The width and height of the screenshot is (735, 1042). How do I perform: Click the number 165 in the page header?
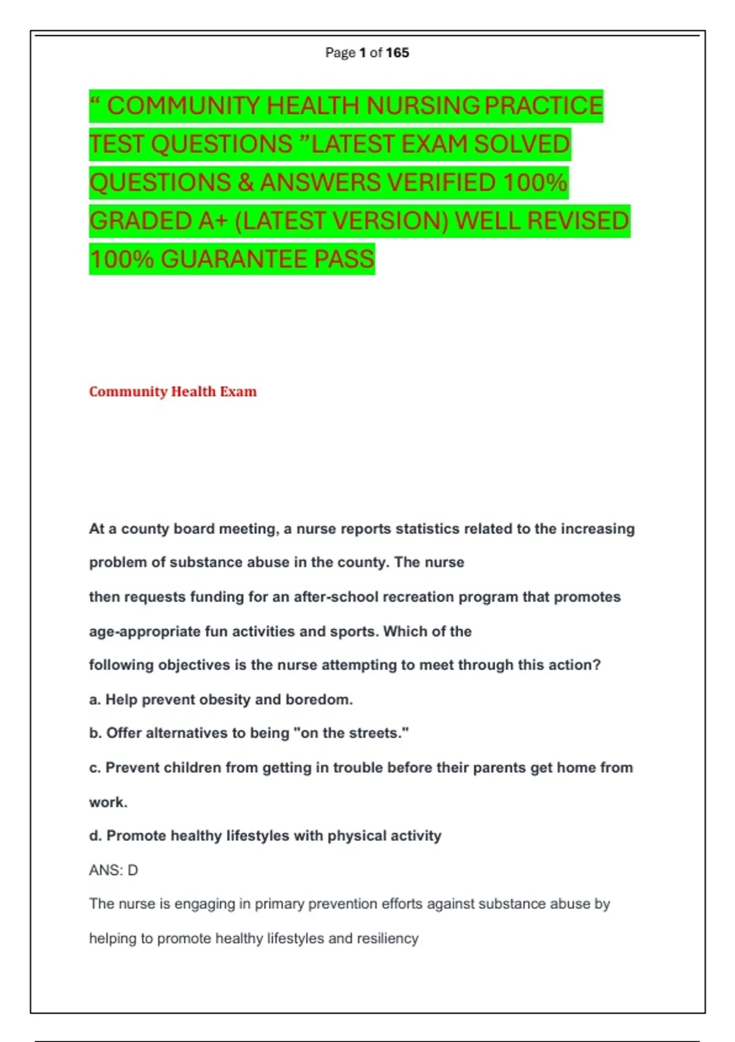(397, 53)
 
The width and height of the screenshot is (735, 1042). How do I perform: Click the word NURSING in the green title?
(423, 105)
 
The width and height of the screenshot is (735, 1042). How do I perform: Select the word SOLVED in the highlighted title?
(522, 144)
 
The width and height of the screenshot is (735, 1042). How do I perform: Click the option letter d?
(94, 836)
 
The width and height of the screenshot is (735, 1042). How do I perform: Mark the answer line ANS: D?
(113, 870)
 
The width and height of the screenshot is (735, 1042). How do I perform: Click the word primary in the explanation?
(279, 904)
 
